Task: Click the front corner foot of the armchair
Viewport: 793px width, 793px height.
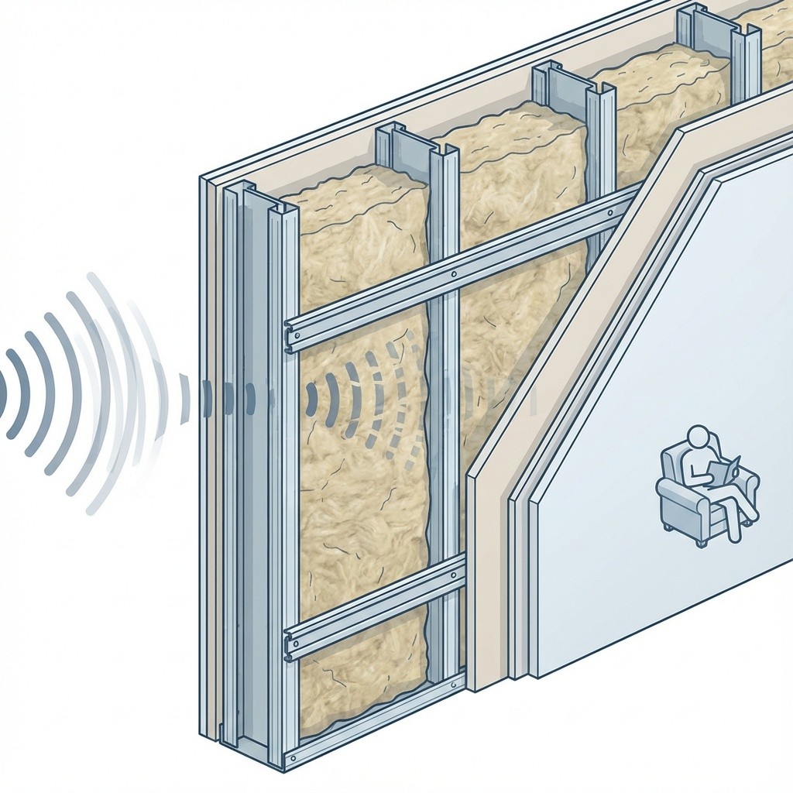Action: click(x=701, y=543)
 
